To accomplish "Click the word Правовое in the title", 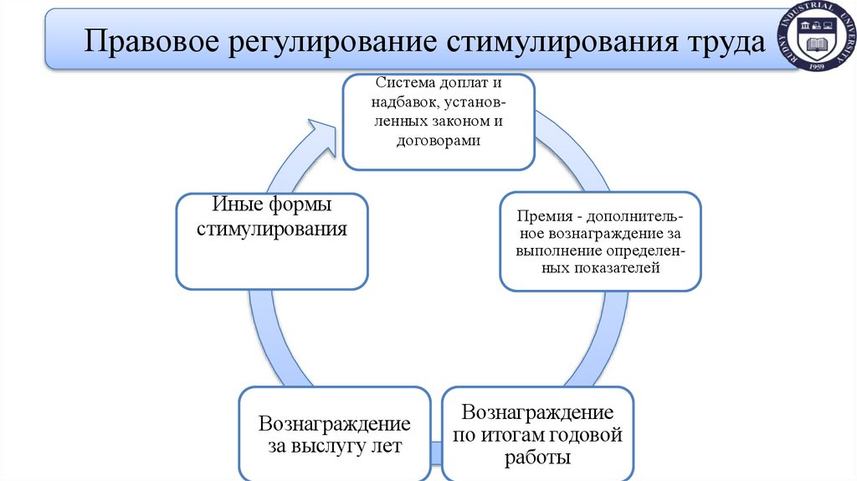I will click(142, 42).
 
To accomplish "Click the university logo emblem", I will click(817, 35).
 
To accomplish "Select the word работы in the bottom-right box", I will click(538, 458).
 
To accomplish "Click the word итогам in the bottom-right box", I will click(511, 435).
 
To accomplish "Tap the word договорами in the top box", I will click(438, 141).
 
